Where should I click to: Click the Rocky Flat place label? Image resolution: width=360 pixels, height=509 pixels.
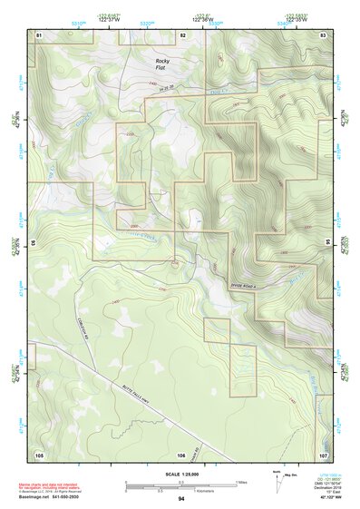(162, 64)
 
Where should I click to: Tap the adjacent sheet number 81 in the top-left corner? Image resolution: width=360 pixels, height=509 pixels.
(39, 34)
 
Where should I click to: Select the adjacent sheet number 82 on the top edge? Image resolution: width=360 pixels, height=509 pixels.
(182, 34)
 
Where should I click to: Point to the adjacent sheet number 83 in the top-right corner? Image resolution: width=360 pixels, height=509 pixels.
(323, 34)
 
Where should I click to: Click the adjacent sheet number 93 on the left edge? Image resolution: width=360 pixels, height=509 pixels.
(34, 243)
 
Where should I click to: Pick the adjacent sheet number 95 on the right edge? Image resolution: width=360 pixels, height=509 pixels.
(327, 243)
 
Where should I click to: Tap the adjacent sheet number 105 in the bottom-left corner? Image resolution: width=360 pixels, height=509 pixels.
(39, 454)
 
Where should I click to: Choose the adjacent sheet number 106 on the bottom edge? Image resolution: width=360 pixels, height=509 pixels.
(181, 454)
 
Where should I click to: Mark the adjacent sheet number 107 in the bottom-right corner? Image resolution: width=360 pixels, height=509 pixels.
(323, 454)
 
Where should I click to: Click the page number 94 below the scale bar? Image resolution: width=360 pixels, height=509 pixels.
(181, 499)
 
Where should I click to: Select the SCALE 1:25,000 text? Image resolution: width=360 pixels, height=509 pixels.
(180, 474)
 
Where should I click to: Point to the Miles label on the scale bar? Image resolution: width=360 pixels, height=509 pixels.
(243, 481)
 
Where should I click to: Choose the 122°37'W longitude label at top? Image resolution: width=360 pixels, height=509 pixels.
(108, 21)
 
